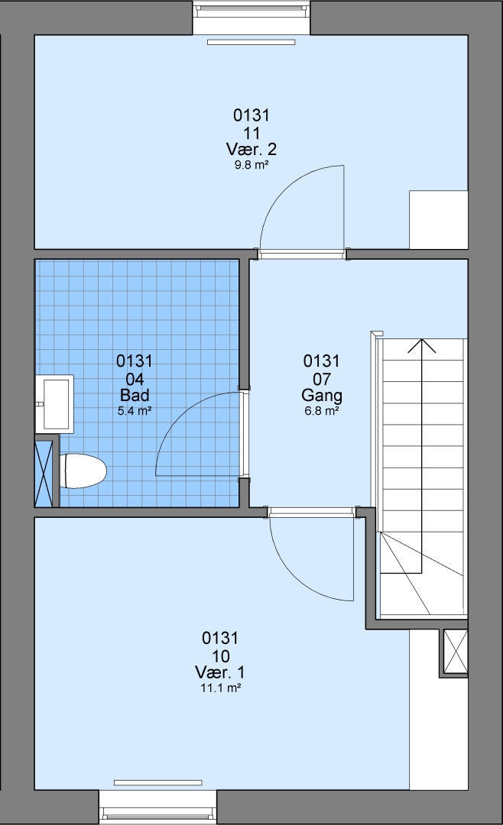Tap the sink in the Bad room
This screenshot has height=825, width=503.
coord(55,403)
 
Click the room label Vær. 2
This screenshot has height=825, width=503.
coord(251,149)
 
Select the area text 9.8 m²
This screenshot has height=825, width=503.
coord(251,165)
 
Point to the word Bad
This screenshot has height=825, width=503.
coord(135,395)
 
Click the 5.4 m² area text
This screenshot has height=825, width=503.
coord(135,411)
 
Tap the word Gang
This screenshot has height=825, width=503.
coord(322,395)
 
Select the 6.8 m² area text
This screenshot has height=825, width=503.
coord(322,411)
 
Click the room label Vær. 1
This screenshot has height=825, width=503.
coord(220,672)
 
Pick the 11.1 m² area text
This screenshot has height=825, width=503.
coord(221,687)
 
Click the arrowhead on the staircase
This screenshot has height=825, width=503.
coord(421,346)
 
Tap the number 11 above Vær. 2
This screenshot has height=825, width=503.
coord(251,133)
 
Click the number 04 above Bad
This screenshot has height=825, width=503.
coord(135,378)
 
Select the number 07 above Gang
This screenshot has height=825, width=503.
coord(322,378)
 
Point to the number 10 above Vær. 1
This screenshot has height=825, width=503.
coord(221,656)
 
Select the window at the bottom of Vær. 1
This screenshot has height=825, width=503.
coord(158,806)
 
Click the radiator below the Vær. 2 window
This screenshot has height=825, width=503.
coord(251,42)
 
